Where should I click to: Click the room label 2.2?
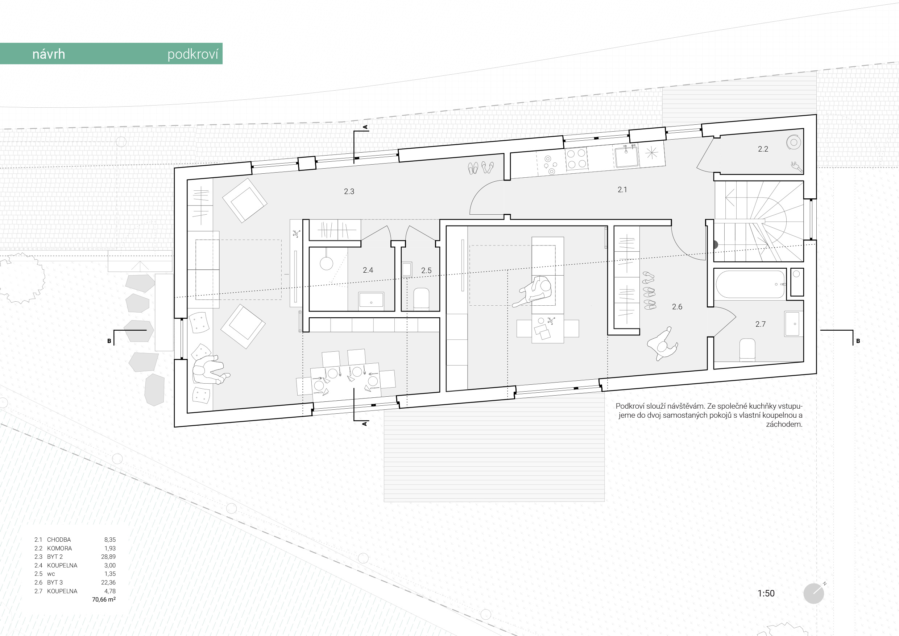pyautogui.click(x=763, y=149)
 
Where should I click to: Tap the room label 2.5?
pyautogui.click(x=426, y=270)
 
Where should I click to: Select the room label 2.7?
pyautogui.click(x=760, y=324)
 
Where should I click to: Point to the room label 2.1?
pyautogui.click(x=622, y=190)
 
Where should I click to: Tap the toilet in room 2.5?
pyautogui.click(x=421, y=299)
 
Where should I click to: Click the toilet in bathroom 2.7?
pyautogui.click(x=747, y=349)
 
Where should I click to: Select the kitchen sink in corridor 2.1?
pyautogui.click(x=626, y=156)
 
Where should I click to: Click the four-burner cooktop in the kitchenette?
pyautogui.click(x=576, y=159)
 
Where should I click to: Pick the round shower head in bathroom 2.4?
pyautogui.click(x=326, y=264)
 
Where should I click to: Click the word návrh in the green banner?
pyautogui.click(x=49, y=54)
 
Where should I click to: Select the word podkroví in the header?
pyautogui.click(x=192, y=54)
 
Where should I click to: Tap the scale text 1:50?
pyautogui.click(x=766, y=593)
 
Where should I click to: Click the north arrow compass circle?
pyautogui.click(x=814, y=593)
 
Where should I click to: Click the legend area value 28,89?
pyautogui.click(x=108, y=557)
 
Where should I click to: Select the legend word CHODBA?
pyautogui.click(x=59, y=540)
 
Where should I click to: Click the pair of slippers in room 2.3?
pyautogui.click(x=480, y=168)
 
